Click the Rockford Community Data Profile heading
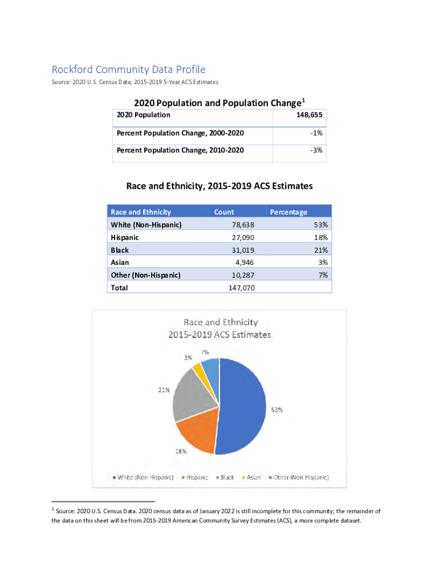coord(128,70)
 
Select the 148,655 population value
coord(308,115)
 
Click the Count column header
coord(224,212)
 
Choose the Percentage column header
coord(288,212)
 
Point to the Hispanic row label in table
coord(125,237)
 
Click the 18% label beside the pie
coord(180,451)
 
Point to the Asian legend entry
coord(251,477)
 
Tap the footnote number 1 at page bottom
coord(53,508)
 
